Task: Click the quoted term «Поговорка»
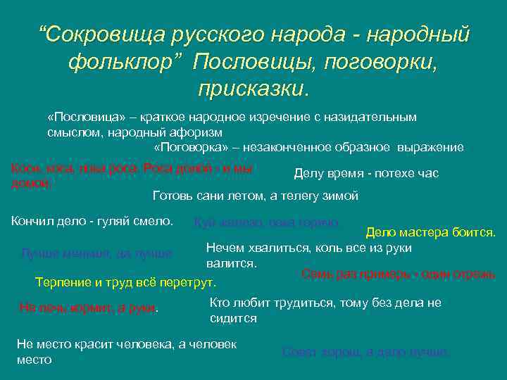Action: point(187,147)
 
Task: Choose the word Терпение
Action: point(62,283)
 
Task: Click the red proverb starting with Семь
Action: point(398,274)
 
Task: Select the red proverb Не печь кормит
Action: point(89,308)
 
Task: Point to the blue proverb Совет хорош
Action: point(365,352)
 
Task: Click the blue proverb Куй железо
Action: point(266,222)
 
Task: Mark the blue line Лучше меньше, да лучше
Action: point(97,252)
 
